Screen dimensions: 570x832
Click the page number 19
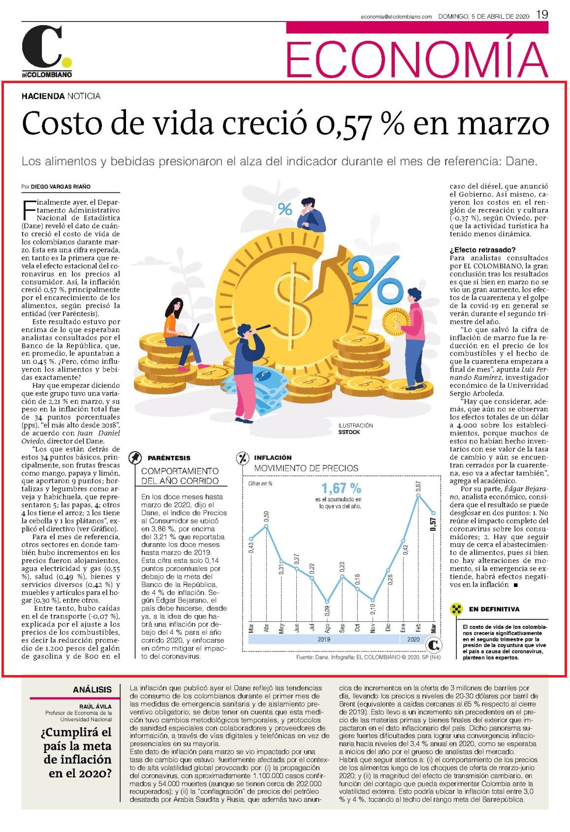[542, 14]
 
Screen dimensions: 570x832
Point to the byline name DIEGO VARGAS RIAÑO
[61, 187]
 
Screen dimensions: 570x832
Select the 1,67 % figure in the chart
[341, 488]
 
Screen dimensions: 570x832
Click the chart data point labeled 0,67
[418, 495]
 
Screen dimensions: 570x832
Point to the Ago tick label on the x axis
[327, 628]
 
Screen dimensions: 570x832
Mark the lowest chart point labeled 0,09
[327, 602]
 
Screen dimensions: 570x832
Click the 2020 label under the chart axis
[413, 639]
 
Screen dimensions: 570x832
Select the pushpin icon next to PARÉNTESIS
[135, 458]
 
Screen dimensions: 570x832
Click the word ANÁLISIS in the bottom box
[92, 690]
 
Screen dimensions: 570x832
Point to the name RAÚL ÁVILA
[95, 707]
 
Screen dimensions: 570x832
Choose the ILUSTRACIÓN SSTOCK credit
[355, 429]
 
